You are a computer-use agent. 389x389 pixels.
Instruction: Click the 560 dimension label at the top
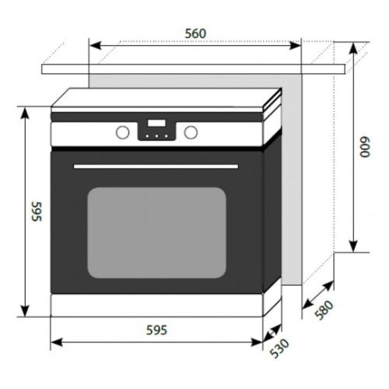195,33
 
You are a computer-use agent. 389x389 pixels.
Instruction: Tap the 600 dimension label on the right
365,147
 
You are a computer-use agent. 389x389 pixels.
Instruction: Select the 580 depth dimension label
324,310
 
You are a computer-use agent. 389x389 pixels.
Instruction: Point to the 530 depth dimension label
279,349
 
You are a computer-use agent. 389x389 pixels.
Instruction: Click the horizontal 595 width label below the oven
157,331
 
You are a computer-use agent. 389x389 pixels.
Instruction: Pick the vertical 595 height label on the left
37,212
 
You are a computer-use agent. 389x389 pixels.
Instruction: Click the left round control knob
122,132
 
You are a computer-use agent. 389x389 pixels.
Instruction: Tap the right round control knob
191,132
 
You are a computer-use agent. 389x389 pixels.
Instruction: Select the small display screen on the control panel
156,123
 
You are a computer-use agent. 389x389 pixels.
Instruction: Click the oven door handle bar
156,166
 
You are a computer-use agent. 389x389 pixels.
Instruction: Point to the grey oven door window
156,233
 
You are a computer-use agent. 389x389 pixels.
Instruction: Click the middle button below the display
156,136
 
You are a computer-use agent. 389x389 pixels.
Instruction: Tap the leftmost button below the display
147,136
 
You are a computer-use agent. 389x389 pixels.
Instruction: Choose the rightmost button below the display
166,136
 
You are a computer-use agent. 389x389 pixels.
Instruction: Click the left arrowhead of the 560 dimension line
95,46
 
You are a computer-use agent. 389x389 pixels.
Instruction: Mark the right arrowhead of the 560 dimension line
295,46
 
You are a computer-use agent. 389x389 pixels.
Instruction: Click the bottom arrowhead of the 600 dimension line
353,246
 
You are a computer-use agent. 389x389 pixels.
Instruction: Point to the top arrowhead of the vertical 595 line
25,113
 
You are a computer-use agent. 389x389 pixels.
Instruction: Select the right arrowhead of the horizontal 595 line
257,342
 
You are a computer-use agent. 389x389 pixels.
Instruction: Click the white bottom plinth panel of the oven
157,305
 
